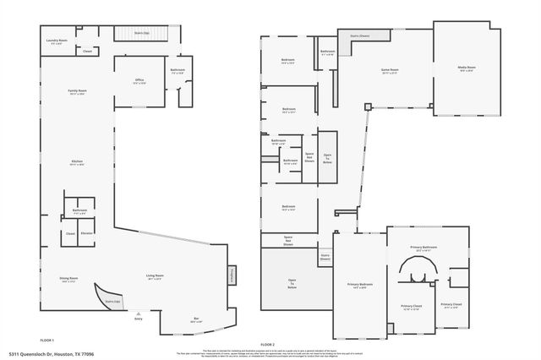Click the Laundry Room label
pos(57,41)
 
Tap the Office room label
pos(139,81)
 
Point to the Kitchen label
pos(78,163)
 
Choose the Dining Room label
pos(69,279)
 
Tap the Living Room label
pos(154,276)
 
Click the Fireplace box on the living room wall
pos(231,275)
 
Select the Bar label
pos(196,319)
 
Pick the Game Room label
pos(390,70)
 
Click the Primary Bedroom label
pos(360,286)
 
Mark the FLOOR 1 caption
pos(47,340)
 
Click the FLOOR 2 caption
pos(268,344)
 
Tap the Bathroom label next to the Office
pos(178,71)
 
